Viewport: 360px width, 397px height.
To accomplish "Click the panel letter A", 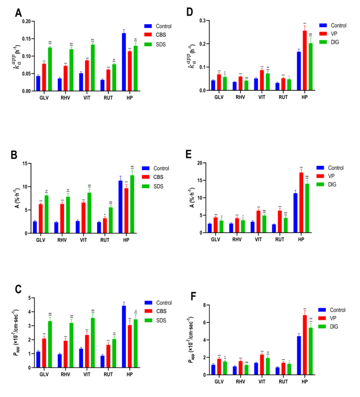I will tap(19, 12).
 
